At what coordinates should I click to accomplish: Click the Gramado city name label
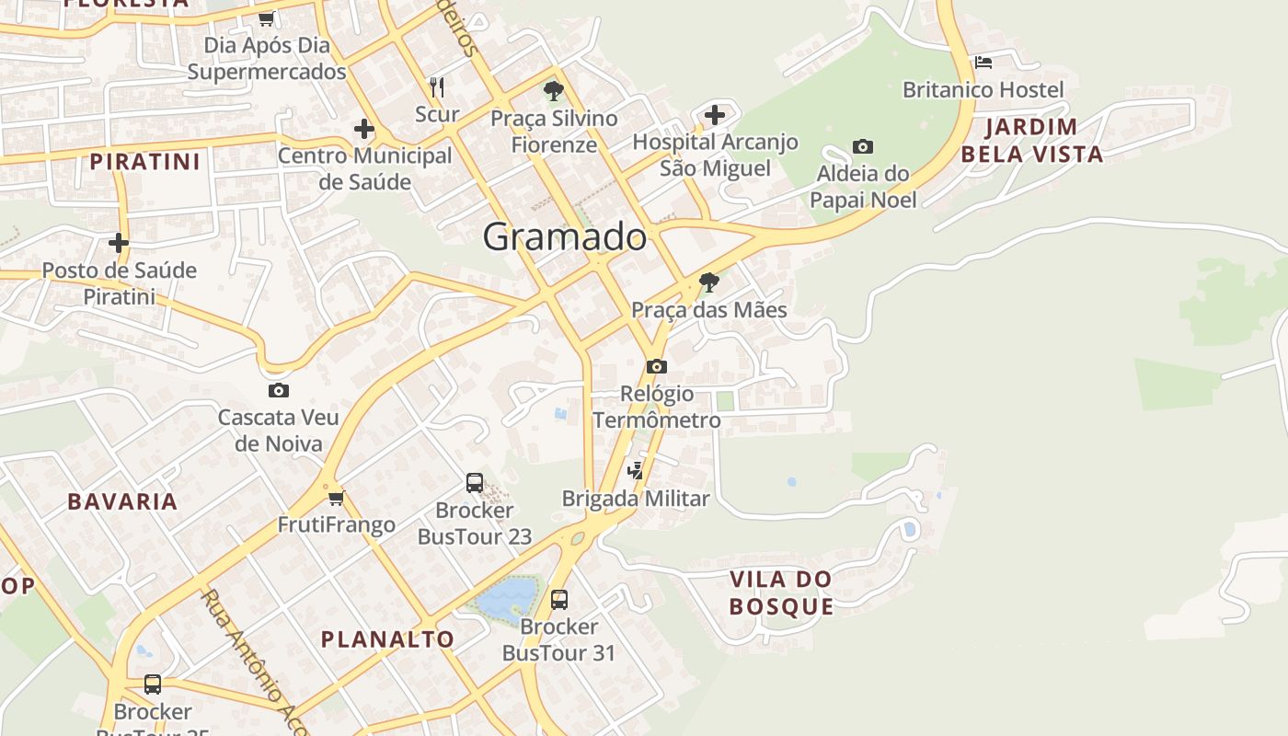coord(564,236)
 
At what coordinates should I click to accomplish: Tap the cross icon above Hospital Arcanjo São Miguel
coord(715,115)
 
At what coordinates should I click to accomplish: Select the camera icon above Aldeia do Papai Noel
coord(862,146)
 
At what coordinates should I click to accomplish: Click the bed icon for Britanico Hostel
coord(983,63)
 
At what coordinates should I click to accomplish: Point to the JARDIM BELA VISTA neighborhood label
coord(1031,141)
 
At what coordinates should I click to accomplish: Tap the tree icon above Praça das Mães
coord(708,282)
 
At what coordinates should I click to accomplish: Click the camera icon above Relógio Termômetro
coord(656,366)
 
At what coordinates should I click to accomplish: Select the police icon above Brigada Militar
coord(635,471)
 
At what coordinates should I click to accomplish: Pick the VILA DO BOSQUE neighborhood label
coord(781,592)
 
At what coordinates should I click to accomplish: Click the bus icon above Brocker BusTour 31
coord(558,600)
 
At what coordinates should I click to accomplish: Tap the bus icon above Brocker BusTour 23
coord(475,482)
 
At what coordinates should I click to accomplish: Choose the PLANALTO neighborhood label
coord(387,638)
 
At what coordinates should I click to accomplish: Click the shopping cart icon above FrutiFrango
coord(336,498)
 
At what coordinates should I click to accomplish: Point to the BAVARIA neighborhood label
coord(122,501)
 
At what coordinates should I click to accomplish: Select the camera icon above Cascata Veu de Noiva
coord(278,390)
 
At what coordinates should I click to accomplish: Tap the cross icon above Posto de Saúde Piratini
coord(119,243)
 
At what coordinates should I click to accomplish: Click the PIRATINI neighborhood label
coord(144,162)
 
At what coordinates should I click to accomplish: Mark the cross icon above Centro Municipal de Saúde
coord(364,129)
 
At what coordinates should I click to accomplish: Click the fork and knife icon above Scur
coord(437,87)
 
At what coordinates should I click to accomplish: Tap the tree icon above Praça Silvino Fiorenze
coord(553,91)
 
